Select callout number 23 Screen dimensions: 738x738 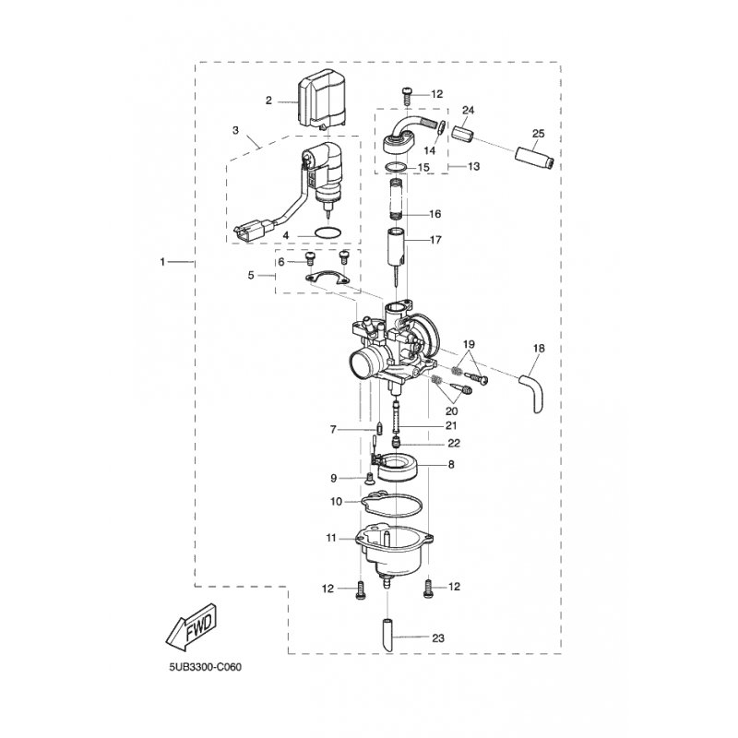pyautogui.click(x=438, y=637)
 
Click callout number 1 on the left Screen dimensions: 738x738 pyautogui.click(x=164, y=263)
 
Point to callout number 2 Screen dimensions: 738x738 pyautogui.click(x=268, y=101)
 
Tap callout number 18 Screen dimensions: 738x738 pyautogui.click(x=540, y=348)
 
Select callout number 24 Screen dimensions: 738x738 pyautogui.click(x=468, y=111)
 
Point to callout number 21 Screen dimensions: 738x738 pyautogui.click(x=450, y=425)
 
